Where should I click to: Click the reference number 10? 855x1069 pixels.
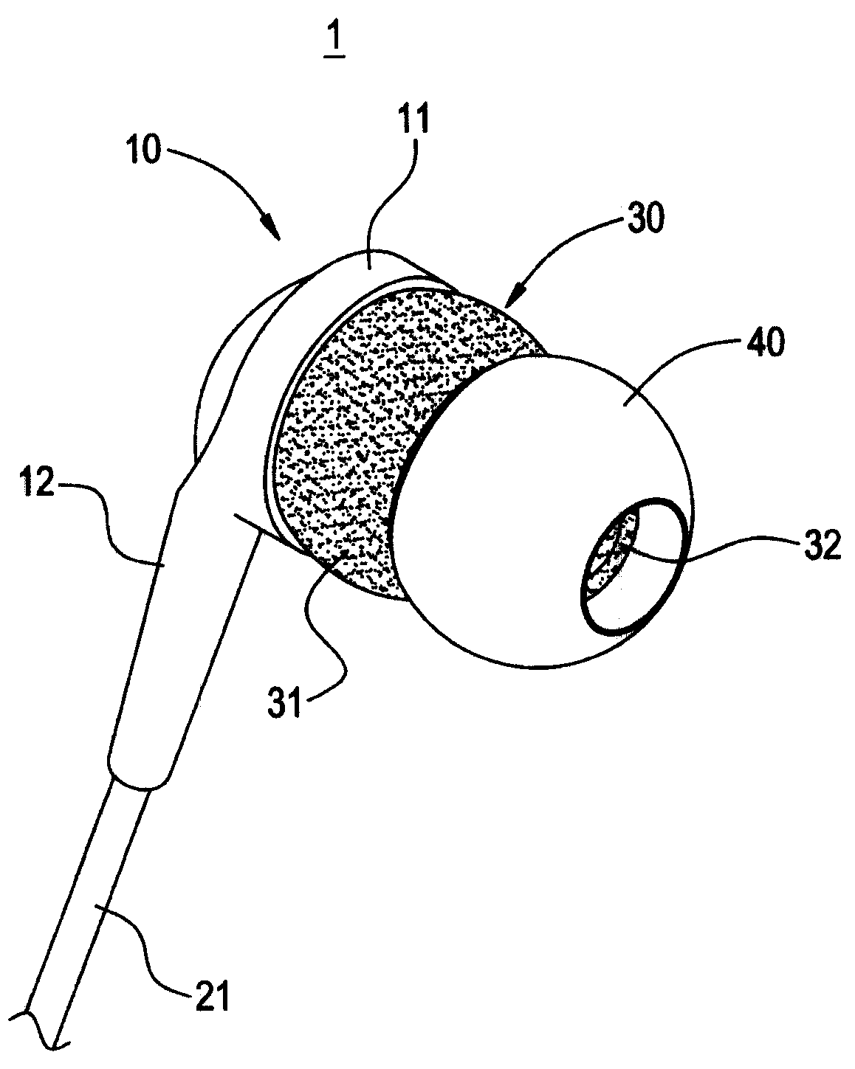[x=141, y=151]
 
